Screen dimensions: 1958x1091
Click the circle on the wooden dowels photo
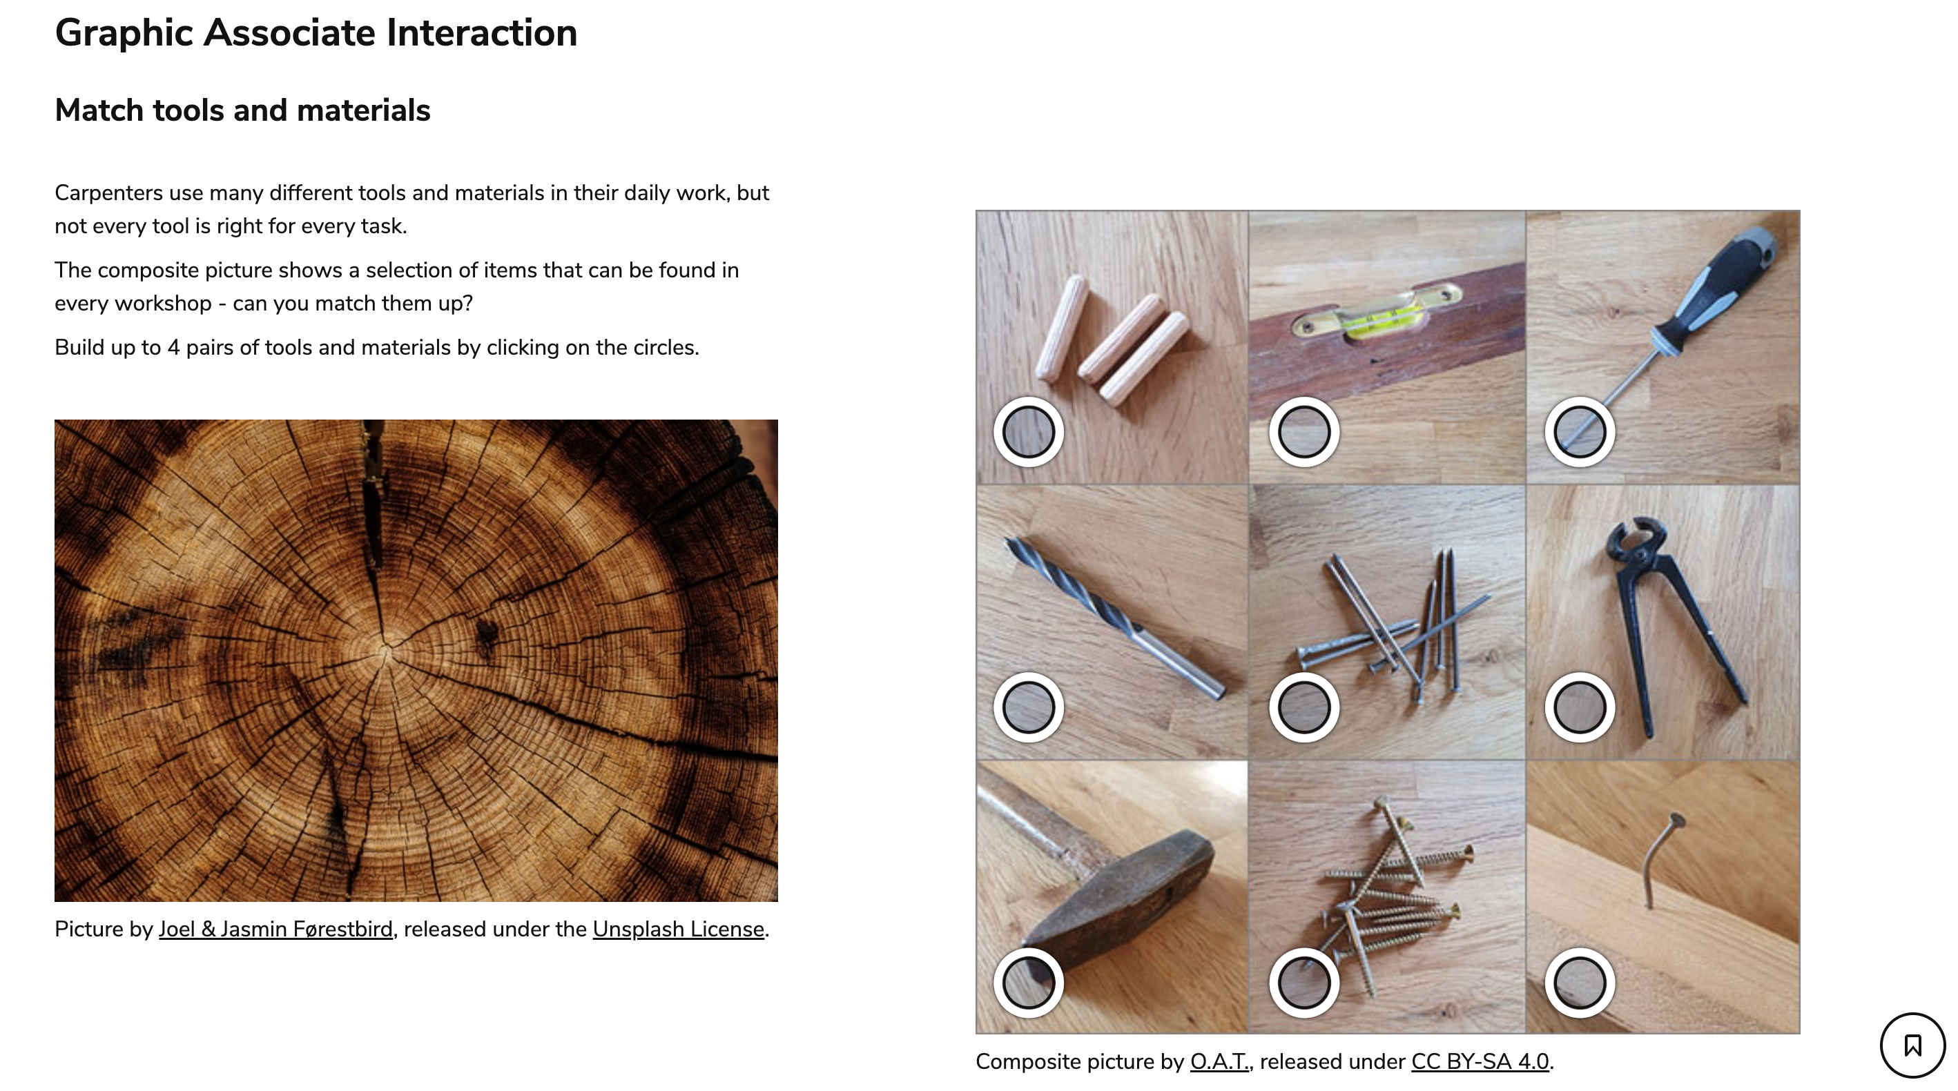[1029, 431]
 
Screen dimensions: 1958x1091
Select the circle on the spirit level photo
[1304, 431]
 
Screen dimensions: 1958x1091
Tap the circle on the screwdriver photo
[1580, 431]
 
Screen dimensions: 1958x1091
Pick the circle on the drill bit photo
[1029, 707]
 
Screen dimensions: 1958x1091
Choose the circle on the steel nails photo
[1304, 707]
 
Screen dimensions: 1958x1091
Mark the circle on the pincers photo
[1580, 707]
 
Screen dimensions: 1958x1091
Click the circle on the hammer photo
[1029, 983]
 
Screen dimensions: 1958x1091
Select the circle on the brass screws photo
[1304, 983]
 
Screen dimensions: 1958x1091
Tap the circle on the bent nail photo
[1580, 983]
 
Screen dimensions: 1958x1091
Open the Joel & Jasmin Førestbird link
[276, 929]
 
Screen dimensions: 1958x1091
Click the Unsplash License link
[678, 929]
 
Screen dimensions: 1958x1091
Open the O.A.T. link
[1219, 1061]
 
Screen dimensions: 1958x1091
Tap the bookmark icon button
[1912, 1045]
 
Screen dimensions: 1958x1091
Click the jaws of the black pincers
[1634, 542]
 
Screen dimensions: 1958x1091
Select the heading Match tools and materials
[242, 110]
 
